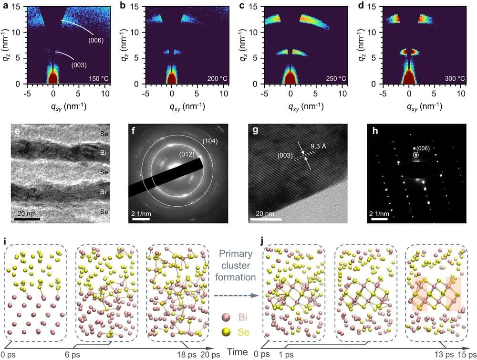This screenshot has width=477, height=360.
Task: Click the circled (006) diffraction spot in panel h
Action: point(416,155)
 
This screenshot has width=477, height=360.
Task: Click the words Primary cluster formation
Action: point(235,269)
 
